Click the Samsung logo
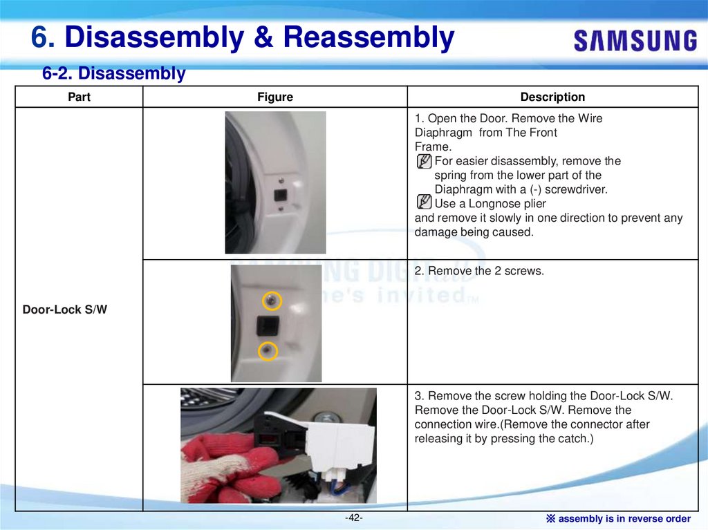click(635, 41)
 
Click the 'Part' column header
click(79, 97)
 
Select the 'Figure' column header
click(275, 97)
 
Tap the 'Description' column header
click(552, 97)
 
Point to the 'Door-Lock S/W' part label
click(65, 310)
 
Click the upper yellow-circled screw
click(272, 301)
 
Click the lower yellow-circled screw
click(268, 351)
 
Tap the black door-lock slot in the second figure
click(268, 325)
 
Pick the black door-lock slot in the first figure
click(281, 196)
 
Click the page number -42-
click(353, 518)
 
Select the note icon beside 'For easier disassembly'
click(424, 161)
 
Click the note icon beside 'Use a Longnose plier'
click(424, 201)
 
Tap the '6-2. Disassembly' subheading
click(114, 73)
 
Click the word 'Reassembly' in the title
click(369, 37)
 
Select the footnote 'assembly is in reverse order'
click(624, 519)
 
